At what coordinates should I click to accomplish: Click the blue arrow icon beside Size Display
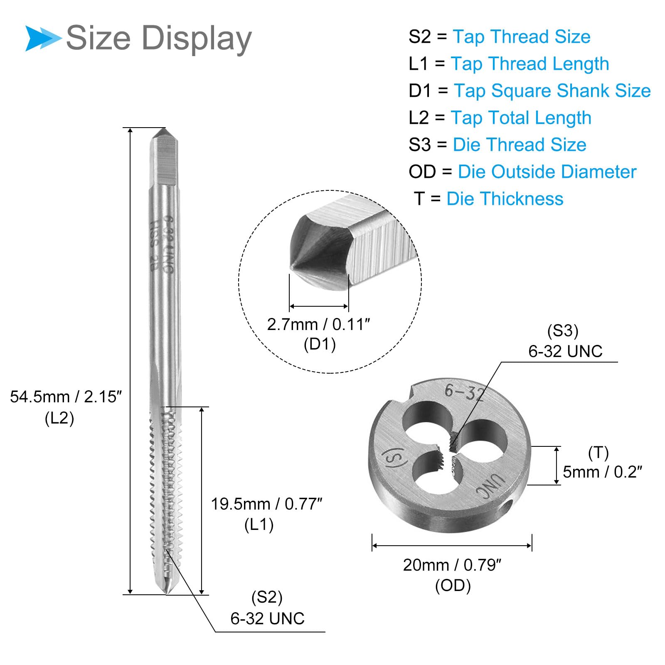click(x=43, y=38)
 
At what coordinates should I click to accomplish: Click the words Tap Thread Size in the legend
click(x=522, y=37)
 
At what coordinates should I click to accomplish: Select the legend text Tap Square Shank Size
click(x=552, y=91)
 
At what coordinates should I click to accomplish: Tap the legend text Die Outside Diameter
click(x=547, y=172)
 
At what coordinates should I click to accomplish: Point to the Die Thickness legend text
click(x=505, y=199)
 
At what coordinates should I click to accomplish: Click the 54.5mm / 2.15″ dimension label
click(x=66, y=397)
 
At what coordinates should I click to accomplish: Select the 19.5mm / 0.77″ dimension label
click(x=266, y=504)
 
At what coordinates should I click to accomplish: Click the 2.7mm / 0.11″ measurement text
click(x=318, y=324)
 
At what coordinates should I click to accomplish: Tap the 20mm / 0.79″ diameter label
click(x=452, y=565)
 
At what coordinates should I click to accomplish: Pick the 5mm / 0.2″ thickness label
click(x=602, y=472)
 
